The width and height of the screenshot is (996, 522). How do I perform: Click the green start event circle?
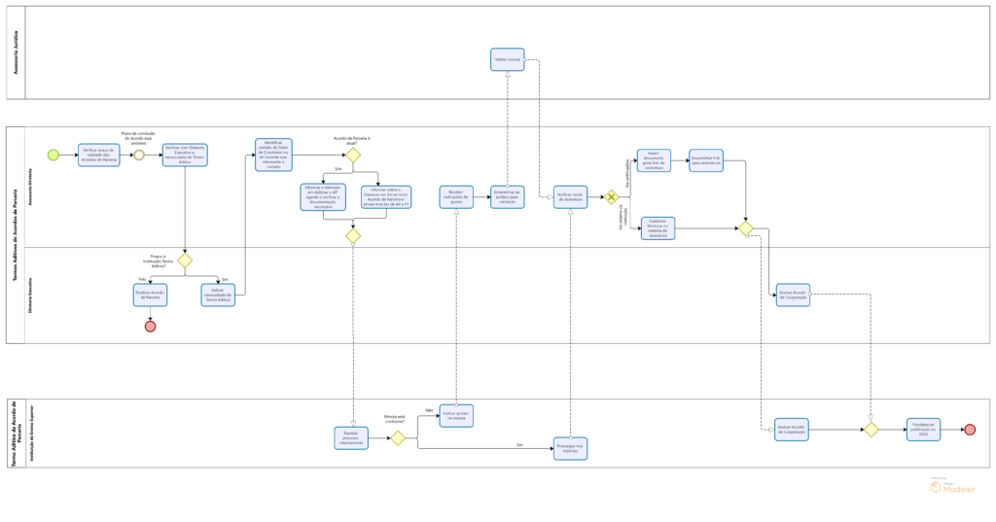53,155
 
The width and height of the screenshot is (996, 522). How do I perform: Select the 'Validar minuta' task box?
507,59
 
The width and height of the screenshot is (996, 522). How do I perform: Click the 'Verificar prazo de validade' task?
99,156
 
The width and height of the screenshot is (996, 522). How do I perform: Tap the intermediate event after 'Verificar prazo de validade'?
139,155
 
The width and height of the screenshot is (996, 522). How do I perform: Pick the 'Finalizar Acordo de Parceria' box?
150,295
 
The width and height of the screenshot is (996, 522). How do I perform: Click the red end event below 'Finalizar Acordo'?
150,327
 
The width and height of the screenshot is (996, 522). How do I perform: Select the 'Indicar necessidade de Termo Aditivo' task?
218,295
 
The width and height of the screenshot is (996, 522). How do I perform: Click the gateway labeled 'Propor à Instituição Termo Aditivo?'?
185,261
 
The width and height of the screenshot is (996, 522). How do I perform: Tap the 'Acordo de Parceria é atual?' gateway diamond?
353,155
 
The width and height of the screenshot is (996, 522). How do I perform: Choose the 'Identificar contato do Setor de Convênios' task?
273,155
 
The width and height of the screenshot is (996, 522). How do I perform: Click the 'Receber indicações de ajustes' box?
456,197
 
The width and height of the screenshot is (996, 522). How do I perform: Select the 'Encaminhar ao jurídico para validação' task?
507,197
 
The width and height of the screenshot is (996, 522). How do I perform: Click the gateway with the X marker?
611,197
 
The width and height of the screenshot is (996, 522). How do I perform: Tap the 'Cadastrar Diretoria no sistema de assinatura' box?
658,228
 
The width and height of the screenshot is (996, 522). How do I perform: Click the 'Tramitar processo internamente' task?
351,438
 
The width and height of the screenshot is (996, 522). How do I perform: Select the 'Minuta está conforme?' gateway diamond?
398,438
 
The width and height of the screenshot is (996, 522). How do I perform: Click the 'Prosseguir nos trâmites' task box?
570,448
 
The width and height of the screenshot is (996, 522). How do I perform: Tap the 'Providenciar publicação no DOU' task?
923,430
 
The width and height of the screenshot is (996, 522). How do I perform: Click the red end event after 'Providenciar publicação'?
969,430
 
